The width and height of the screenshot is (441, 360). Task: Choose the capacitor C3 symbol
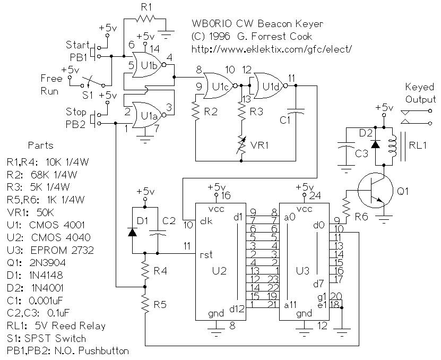pos(346,149)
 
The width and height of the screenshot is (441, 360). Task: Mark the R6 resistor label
pos(362,218)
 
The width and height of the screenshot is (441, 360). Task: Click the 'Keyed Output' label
pos(420,93)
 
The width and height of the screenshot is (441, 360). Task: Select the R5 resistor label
pos(160,305)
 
